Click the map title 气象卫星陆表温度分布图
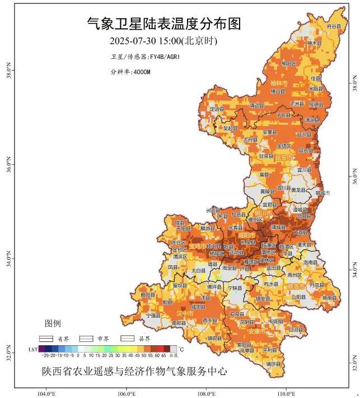click(163, 24)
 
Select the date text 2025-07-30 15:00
click(143, 41)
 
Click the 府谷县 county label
click(334, 26)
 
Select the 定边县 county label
click(217, 109)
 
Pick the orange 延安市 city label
click(284, 158)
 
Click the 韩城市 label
click(324, 192)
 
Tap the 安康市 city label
click(264, 331)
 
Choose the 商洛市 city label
click(297, 285)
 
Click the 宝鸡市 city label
click(197, 246)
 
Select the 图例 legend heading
click(53, 323)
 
